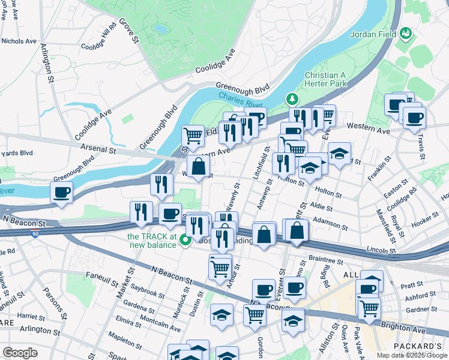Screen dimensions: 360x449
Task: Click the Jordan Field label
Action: [x=373, y=34]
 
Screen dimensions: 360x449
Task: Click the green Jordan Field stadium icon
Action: [x=406, y=33]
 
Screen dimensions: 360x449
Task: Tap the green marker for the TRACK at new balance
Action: [x=186, y=241]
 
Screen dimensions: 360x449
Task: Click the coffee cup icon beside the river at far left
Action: [x=61, y=193]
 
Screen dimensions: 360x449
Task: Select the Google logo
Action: [x=20, y=353]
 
